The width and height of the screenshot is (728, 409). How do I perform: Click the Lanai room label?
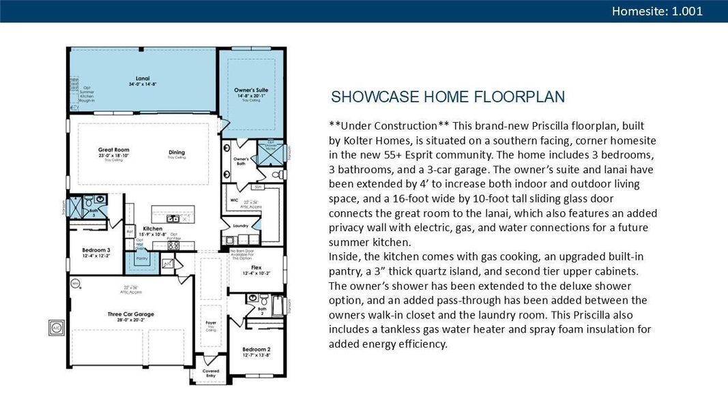click(x=142, y=79)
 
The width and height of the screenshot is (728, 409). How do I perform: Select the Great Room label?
click(x=113, y=150)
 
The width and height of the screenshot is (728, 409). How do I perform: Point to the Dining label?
click(x=176, y=152)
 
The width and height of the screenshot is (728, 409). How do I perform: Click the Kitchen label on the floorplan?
click(x=153, y=228)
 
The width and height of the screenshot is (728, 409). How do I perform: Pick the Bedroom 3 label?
click(x=96, y=249)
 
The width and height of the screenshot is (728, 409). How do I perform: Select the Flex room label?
click(x=256, y=268)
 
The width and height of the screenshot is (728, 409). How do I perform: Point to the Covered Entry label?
click(x=211, y=373)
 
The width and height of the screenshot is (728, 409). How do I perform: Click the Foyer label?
click(x=211, y=323)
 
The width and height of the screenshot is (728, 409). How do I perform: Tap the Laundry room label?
click(x=240, y=226)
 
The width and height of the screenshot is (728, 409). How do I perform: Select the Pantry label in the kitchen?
click(x=142, y=259)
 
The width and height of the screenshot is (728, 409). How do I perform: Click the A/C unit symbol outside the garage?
click(x=56, y=327)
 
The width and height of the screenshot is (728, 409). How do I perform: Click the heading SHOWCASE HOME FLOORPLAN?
click(x=448, y=97)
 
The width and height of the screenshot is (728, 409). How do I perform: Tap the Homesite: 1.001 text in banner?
click(x=656, y=11)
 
